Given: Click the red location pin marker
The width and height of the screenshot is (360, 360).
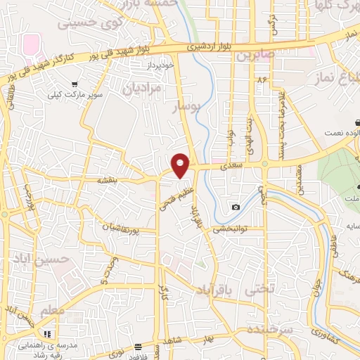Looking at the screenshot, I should coord(181,165).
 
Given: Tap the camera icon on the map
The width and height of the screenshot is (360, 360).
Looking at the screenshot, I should coord(236,207).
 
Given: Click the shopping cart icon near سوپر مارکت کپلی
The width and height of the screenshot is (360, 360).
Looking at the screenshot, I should coord(74,84).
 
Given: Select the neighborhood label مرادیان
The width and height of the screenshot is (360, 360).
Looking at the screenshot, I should coord(142,89).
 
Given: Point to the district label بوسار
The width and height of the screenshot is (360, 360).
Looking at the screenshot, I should coord(187,106).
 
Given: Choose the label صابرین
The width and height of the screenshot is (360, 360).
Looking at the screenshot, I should coord(252,54).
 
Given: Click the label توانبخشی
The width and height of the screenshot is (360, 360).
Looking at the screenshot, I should coord(228,228).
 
